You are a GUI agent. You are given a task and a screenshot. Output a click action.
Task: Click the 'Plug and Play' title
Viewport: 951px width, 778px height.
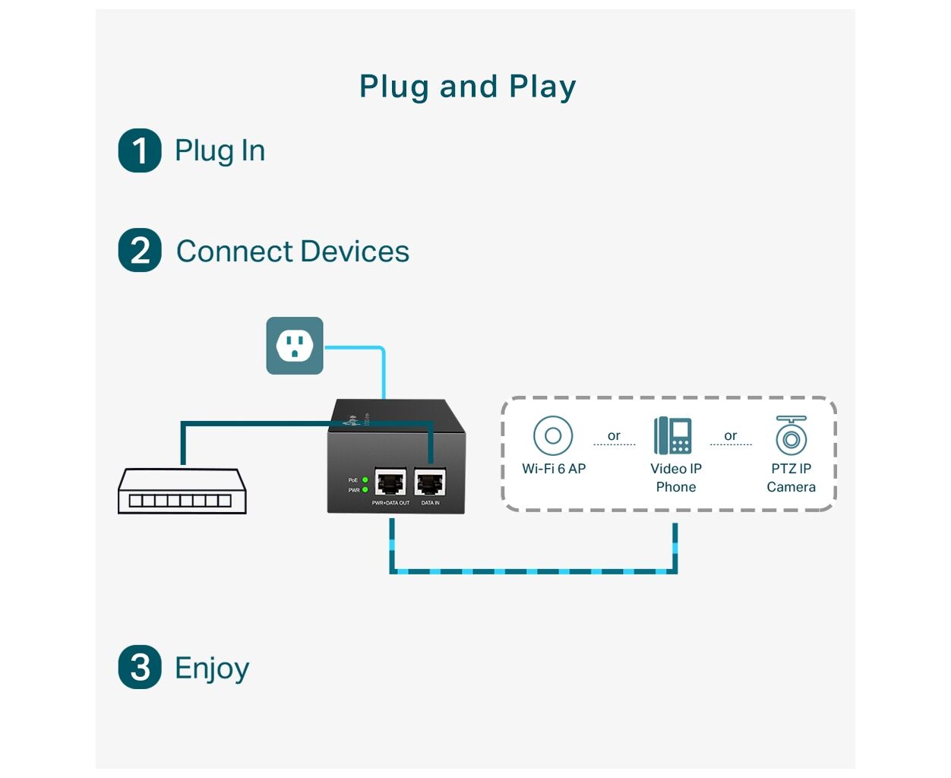tap(467, 87)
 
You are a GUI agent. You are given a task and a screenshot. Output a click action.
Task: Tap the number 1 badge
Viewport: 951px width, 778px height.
tap(140, 150)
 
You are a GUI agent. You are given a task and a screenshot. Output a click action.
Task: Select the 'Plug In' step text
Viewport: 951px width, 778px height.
tap(220, 150)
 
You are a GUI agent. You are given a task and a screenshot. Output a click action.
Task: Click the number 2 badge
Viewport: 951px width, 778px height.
tap(140, 251)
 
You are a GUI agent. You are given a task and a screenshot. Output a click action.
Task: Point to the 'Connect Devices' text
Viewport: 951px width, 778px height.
tap(292, 251)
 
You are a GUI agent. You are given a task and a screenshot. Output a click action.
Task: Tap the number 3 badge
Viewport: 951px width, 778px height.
tap(140, 668)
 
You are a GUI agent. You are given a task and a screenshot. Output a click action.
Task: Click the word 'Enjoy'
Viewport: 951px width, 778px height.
tap(212, 669)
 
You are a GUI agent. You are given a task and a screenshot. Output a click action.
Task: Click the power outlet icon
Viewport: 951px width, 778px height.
tap(295, 346)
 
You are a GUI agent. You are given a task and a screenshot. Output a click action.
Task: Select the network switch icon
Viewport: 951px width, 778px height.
tap(182, 491)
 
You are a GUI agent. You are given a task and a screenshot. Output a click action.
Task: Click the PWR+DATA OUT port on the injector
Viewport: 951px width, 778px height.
tap(390, 483)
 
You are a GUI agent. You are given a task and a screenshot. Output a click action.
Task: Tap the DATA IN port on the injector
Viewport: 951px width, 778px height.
tap(430, 483)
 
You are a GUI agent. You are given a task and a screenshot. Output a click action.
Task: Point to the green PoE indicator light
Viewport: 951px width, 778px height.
tap(365, 480)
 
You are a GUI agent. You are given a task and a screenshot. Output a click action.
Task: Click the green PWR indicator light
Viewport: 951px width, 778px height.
tap(365, 490)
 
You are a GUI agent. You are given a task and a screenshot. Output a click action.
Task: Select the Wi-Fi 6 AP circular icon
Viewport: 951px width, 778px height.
tap(553, 436)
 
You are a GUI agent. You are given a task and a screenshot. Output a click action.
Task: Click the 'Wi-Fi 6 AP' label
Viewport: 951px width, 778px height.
tap(554, 469)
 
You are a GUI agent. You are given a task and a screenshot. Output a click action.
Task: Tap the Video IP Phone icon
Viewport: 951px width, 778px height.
tap(674, 435)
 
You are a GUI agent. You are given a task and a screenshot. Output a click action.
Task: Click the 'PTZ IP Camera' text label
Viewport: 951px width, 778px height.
tap(791, 478)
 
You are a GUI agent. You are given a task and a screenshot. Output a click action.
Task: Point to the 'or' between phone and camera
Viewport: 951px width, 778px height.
tap(731, 436)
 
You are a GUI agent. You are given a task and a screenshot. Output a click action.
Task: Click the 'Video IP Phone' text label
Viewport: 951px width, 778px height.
tap(676, 478)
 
